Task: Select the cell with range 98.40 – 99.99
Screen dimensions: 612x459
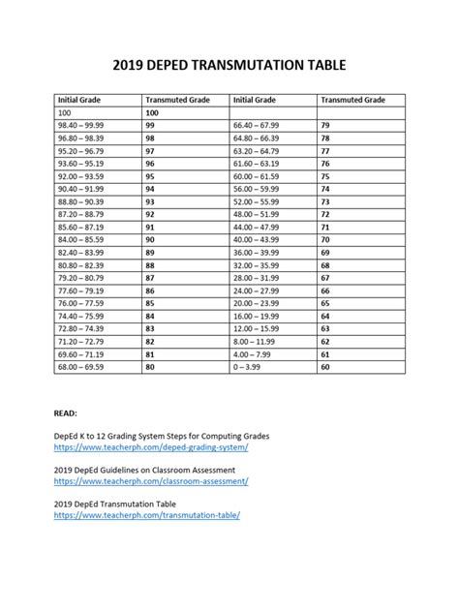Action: pos(84,126)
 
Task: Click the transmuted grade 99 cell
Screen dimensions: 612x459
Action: pos(150,126)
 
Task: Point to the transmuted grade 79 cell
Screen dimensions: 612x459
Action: pos(324,126)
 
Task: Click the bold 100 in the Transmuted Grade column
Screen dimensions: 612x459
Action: pos(152,112)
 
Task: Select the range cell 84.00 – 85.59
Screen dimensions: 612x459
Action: pos(84,238)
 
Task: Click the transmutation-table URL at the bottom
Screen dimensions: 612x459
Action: pos(147,515)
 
